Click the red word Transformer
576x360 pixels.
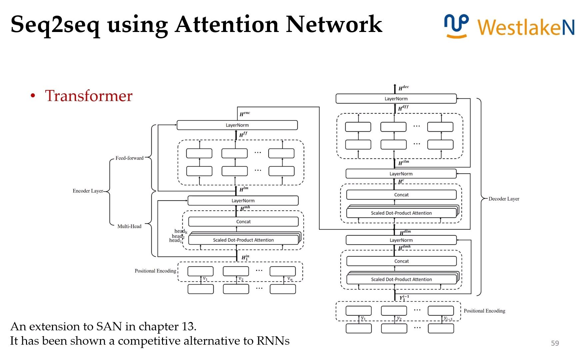click(89, 96)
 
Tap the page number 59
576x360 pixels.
click(555, 343)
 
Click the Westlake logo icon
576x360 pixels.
click(456, 26)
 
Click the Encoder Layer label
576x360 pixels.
click(88, 191)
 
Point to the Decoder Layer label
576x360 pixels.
click(504, 199)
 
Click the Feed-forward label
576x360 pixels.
click(129, 158)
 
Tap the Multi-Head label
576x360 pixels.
click(129, 226)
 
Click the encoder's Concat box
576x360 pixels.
click(243, 222)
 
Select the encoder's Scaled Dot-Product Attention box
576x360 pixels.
click(243, 240)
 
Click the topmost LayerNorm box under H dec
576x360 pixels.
click(396, 99)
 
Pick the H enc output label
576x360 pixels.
click(245, 114)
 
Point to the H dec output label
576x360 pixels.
click(403, 88)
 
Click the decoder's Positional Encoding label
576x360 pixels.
click(484, 311)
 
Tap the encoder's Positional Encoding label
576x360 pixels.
click(155, 271)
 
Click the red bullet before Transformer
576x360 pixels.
click(33, 96)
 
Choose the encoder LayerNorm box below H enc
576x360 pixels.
click(237, 125)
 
